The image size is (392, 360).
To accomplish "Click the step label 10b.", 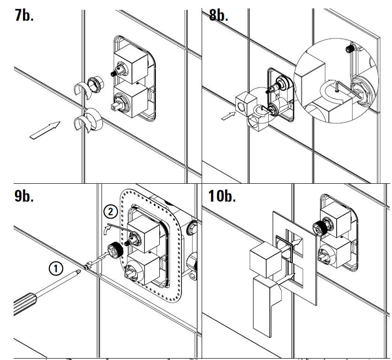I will coord(222,196).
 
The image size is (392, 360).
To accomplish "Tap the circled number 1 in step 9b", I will coord(55,269).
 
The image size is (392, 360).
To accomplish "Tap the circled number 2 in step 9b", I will coord(110,212).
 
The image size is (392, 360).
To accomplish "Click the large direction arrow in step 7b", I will coord(45,130).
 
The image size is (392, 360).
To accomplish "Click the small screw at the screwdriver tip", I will coord(86,267).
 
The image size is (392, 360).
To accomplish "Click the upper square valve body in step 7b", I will coord(132,64).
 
